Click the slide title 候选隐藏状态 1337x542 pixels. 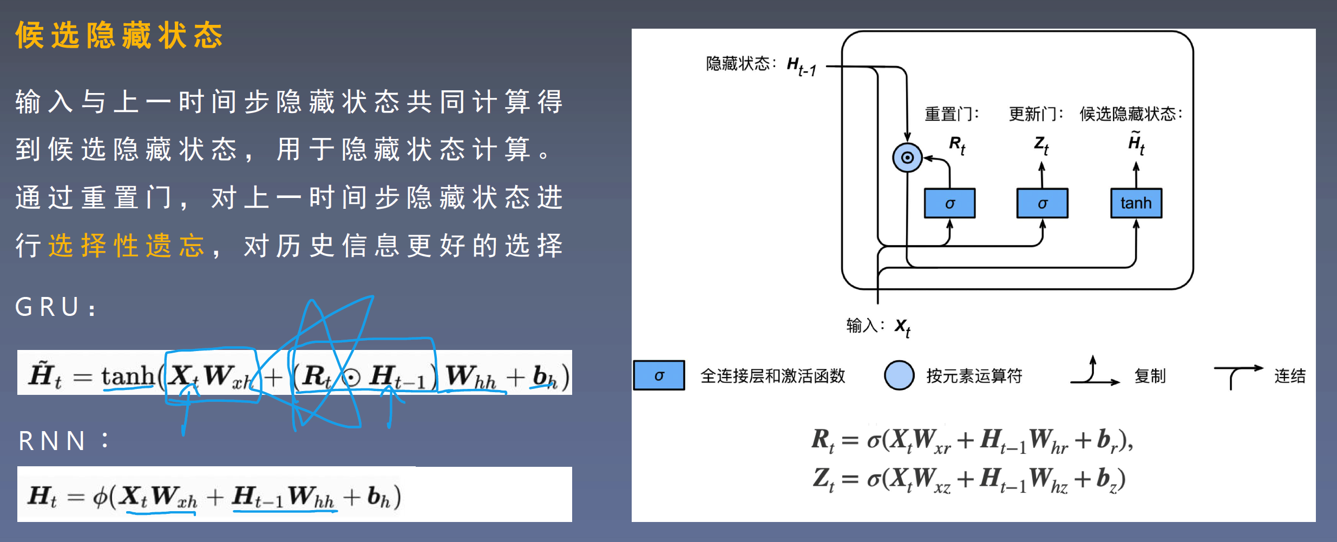(119, 36)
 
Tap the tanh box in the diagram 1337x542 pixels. (1136, 203)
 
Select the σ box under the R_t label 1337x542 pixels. (949, 203)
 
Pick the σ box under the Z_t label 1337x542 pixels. (1042, 203)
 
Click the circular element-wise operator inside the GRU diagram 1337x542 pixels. (907, 157)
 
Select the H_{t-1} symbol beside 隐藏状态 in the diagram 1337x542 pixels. (801, 66)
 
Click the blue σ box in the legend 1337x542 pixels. (659, 375)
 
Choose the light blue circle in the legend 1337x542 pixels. (899, 375)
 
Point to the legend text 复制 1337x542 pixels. (1150, 376)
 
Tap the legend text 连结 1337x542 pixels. (1290, 376)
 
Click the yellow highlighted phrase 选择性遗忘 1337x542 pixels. (127, 246)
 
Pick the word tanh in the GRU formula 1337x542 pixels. (128, 376)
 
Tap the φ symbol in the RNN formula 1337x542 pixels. (100, 497)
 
